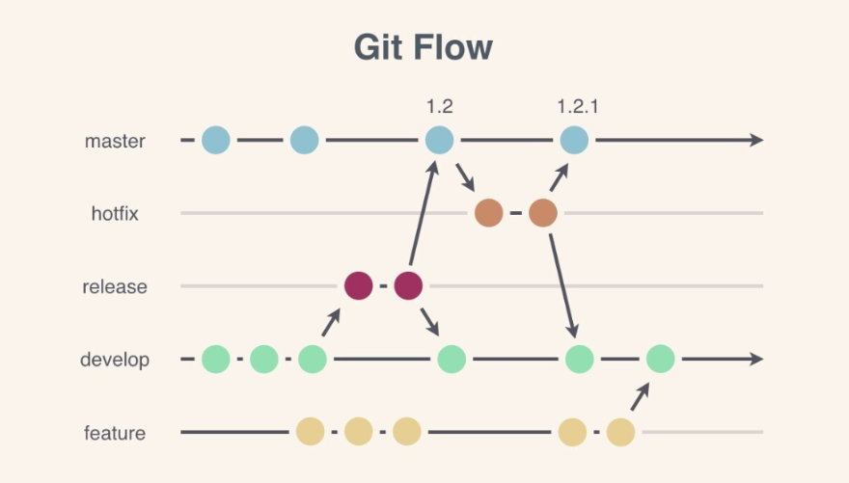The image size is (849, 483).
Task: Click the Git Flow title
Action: coord(424,48)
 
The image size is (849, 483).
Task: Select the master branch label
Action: coord(115,141)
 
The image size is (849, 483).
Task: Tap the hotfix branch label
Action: coord(115,214)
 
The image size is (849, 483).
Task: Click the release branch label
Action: coord(115,286)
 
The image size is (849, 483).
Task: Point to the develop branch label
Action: coord(115,361)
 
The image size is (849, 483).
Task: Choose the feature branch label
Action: coord(115,434)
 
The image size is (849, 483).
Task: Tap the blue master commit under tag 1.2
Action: coord(439,141)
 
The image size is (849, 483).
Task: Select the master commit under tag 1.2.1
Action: coord(574,141)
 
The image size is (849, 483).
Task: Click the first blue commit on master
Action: coord(216,141)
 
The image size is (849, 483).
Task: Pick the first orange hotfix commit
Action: coord(489,213)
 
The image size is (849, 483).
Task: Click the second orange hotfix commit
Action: coord(543,213)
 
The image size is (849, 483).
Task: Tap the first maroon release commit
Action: coord(358,286)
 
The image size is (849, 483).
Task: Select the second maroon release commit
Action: coord(408,286)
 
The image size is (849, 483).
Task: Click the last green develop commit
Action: coord(661,360)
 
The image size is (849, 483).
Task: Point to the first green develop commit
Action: coord(216,360)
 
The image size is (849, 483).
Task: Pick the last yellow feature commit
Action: coord(620,433)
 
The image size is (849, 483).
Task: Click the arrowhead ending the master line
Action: coord(755,141)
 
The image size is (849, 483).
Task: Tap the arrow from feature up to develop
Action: coord(641,396)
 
